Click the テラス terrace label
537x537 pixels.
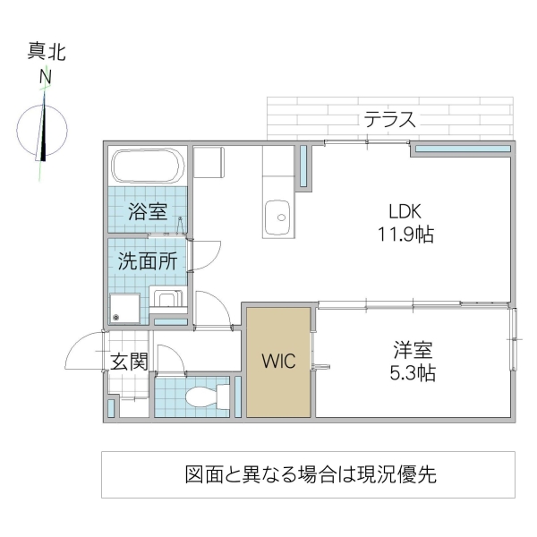[x=389, y=120]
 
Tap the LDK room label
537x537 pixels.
[x=404, y=212]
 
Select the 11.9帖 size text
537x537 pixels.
[x=405, y=235]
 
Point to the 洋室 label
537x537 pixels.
[x=412, y=350]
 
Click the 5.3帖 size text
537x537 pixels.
[x=412, y=373]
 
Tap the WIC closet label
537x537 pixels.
[x=278, y=362]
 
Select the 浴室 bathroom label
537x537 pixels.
[x=148, y=213]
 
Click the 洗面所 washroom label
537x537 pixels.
[x=148, y=262]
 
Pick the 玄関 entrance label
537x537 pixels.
[x=128, y=362]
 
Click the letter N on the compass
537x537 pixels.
[x=44, y=78]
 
